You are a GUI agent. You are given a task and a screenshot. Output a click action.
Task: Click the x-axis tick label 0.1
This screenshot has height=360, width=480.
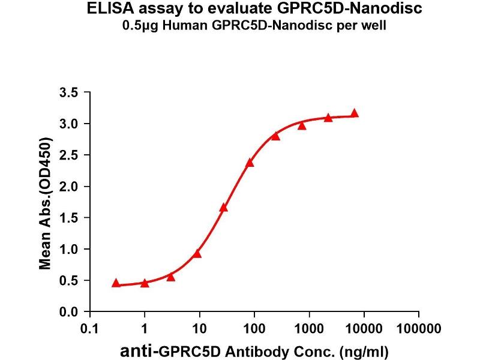click(x=89, y=329)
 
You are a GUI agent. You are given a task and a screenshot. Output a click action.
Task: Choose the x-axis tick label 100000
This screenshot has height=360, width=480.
click(x=418, y=329)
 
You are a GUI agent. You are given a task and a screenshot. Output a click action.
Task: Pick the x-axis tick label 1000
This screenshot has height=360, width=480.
click(x=309, y=329)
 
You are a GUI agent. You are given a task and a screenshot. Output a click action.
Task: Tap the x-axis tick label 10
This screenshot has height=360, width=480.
click(x=199, y=329)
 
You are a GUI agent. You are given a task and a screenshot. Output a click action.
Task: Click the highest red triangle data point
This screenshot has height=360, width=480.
click(x=355, y=113)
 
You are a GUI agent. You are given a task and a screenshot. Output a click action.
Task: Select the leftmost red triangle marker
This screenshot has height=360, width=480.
click(x=116, y=283)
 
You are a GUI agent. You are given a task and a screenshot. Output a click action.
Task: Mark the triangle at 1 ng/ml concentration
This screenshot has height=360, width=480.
click(x=145, y=283)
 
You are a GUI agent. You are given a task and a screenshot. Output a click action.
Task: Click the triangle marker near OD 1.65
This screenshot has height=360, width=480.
click(x=224, y=208)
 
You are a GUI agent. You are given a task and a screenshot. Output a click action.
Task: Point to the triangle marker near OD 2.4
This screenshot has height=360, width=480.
click(x=250, y=162)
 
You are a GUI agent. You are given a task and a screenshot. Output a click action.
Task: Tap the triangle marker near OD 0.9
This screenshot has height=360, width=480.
click(x=197, y=253)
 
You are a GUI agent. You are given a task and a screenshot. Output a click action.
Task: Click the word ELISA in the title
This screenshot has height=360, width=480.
click(x=108, y=9)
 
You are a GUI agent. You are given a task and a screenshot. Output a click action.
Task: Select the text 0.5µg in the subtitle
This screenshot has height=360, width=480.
click(x=158, y=26)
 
